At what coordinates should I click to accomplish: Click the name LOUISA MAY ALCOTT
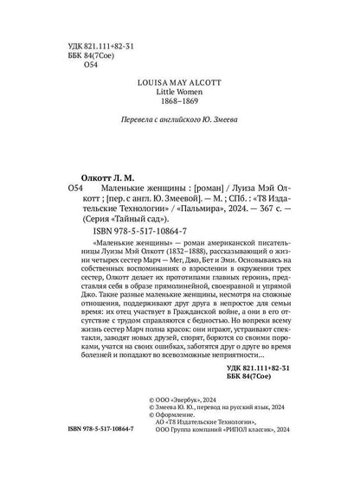tap(179, 87)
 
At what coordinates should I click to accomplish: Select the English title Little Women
tap(179, 99)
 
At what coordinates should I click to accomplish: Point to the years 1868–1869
tap(179, 112)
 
